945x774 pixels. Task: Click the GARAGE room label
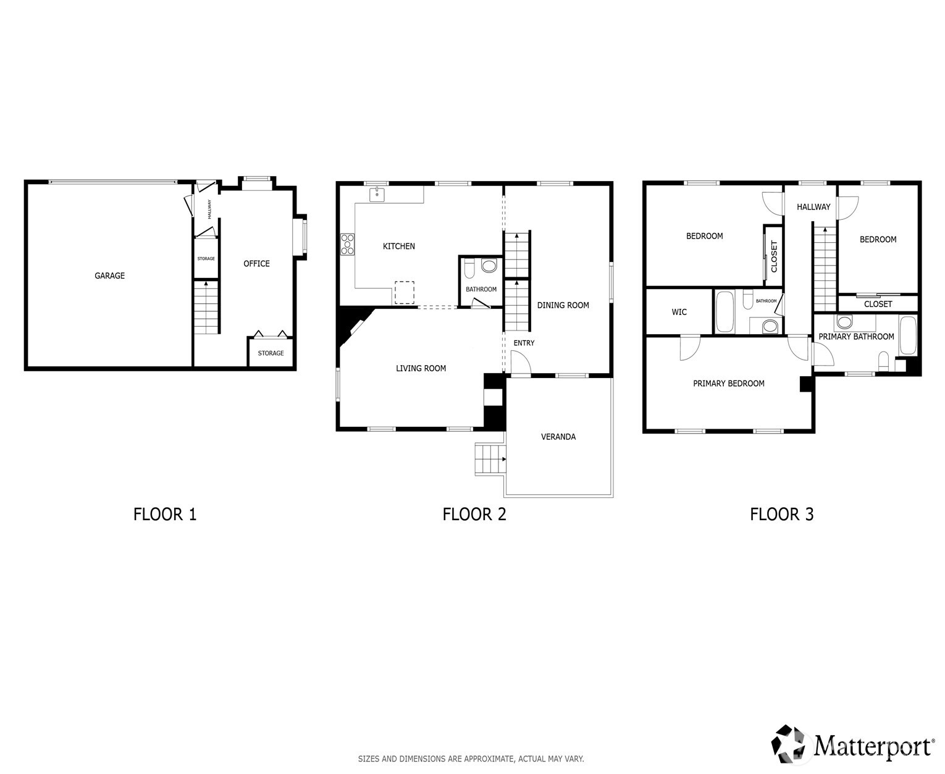click(x=109, y=276)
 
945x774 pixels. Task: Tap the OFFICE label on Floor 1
click(x=256, y=264)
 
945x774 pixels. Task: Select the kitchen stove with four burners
click(x=348, y=243)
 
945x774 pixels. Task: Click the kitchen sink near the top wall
click(x=377, y=195)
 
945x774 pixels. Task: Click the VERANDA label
click(x=558, y=437)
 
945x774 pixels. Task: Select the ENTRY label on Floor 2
click(x=524, y=343)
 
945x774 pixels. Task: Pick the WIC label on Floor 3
click(x=679, y=312)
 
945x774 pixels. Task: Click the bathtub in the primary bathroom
click(x=907, y=335)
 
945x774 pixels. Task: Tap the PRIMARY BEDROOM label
click(x=728, y=384)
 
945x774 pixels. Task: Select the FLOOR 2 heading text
click(x=474, y=514)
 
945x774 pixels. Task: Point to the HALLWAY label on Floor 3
click(x=813, y=207)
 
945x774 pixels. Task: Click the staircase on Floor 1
click(x=206, y=307)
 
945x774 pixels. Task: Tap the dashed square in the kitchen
click(x=405, y=292)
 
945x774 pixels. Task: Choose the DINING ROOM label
click(x=563, y=305)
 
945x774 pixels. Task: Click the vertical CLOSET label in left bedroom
click(x=774, y=256)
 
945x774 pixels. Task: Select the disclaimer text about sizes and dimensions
click(x=471, y=759)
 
